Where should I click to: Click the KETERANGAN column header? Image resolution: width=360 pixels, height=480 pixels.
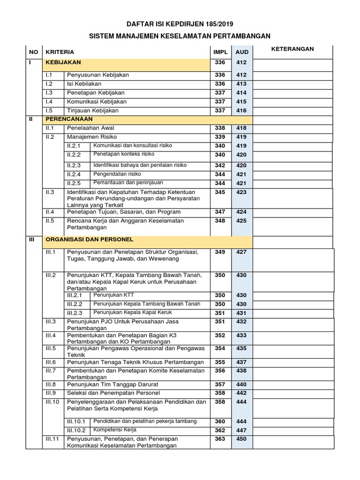pyautogui.click(x=293, y=49)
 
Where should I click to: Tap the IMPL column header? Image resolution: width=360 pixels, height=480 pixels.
pyautogui.click(x=220, y=52)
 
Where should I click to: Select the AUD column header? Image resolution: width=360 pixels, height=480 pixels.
pyautogui.click(x=241, y=52)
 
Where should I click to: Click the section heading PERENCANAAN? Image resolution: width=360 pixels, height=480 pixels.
pyautogui.click(x=69, y=119)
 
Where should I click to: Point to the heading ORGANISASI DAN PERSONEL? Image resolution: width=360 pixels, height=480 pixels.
pyautogui.click(x=90, y=239)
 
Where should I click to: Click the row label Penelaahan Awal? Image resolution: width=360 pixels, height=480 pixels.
pyautogui.click(x=90, y=128)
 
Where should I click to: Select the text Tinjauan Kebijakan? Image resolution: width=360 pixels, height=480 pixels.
pyautogui.click(x=93, y=111)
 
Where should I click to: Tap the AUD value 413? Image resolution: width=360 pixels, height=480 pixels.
pyautogui.click(x=241, y=84)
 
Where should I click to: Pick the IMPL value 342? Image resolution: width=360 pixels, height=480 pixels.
pyautogui.click(x=220, y=165)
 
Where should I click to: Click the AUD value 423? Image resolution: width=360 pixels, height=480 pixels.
pyautogui.click(x=241, y=192)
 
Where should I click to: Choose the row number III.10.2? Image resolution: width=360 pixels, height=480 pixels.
pyautogui.click(x=76, y=430)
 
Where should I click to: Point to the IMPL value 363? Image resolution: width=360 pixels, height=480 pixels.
pyautogui.click(x=220, y=439)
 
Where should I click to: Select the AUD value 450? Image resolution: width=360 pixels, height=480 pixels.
pyautogui.click(x=241, y=439)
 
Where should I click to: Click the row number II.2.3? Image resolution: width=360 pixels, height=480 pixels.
pyautogui.click(x=74, y=165)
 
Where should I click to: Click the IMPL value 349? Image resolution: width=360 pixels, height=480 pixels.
pyautogui.click(x=220, y=252)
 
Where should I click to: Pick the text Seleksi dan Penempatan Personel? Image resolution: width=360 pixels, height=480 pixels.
pyautogui.click(x=113, y=393)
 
